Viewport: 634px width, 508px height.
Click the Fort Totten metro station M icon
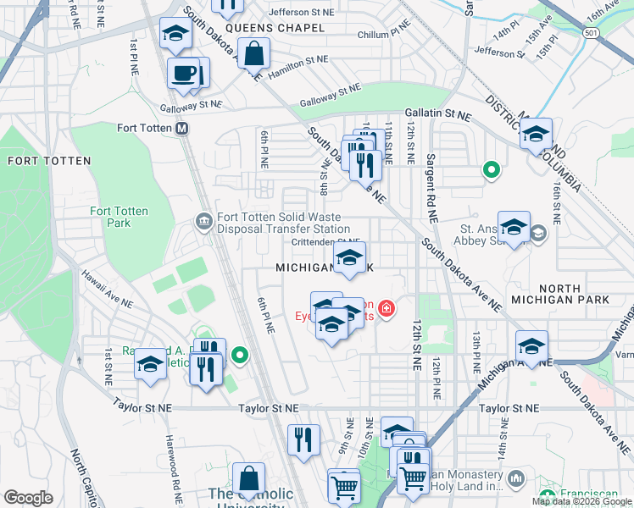[181, 129]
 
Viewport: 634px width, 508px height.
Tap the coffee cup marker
[183, 72]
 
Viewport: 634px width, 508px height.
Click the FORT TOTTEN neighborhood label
[36, 160]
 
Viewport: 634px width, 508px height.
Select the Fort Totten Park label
[119, 217]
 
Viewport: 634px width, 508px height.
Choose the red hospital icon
[387, 308]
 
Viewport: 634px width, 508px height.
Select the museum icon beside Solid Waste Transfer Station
[204, 222]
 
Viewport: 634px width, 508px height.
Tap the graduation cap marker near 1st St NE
[150, 363]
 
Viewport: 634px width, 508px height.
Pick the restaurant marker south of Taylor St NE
[303, 439]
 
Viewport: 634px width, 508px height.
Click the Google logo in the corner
[29, 498]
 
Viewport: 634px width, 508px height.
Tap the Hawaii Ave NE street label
[108, 289]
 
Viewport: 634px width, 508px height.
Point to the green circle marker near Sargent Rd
[491, 170]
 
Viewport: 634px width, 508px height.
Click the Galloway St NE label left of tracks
[191, 104]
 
